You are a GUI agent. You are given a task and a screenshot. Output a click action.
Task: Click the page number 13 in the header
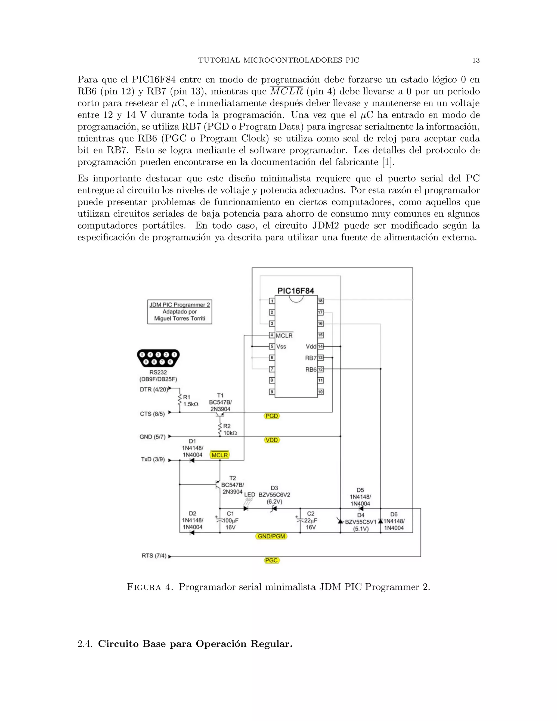475,60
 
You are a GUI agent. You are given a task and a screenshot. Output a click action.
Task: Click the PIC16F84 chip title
295,291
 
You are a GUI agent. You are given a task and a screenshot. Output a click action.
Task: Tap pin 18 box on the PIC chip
320,301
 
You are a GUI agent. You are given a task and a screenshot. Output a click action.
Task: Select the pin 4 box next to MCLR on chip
272,335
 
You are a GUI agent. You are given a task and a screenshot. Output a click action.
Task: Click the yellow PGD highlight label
272,416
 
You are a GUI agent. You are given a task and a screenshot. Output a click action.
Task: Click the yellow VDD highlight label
272,440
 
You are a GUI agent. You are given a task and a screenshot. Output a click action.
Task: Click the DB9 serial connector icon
158,358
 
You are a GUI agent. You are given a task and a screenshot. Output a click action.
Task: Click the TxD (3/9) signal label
153,460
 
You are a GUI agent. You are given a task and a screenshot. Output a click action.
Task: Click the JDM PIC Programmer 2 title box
180,312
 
